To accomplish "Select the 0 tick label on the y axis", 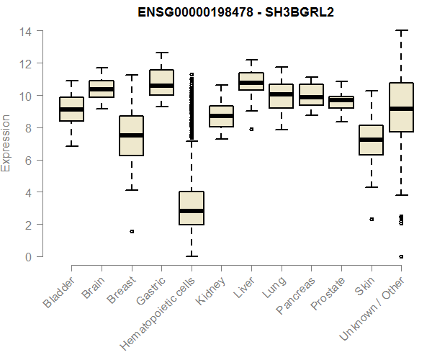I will pos(28,257).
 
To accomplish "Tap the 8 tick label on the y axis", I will pos(28,128).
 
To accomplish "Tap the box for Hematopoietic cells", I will pos(192,208).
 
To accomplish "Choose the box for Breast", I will pos(131,135).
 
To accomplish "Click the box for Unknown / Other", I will pos(401,107).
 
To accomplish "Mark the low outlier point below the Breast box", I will pos(131,232).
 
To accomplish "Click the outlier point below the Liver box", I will pos(251,130).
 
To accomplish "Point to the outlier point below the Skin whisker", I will pos(372,219).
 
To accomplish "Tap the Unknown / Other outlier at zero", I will pos(401,256).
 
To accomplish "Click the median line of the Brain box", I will pos(102,89).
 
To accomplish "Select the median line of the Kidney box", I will pos(221,116).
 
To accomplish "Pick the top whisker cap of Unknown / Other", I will pos(401,31).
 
